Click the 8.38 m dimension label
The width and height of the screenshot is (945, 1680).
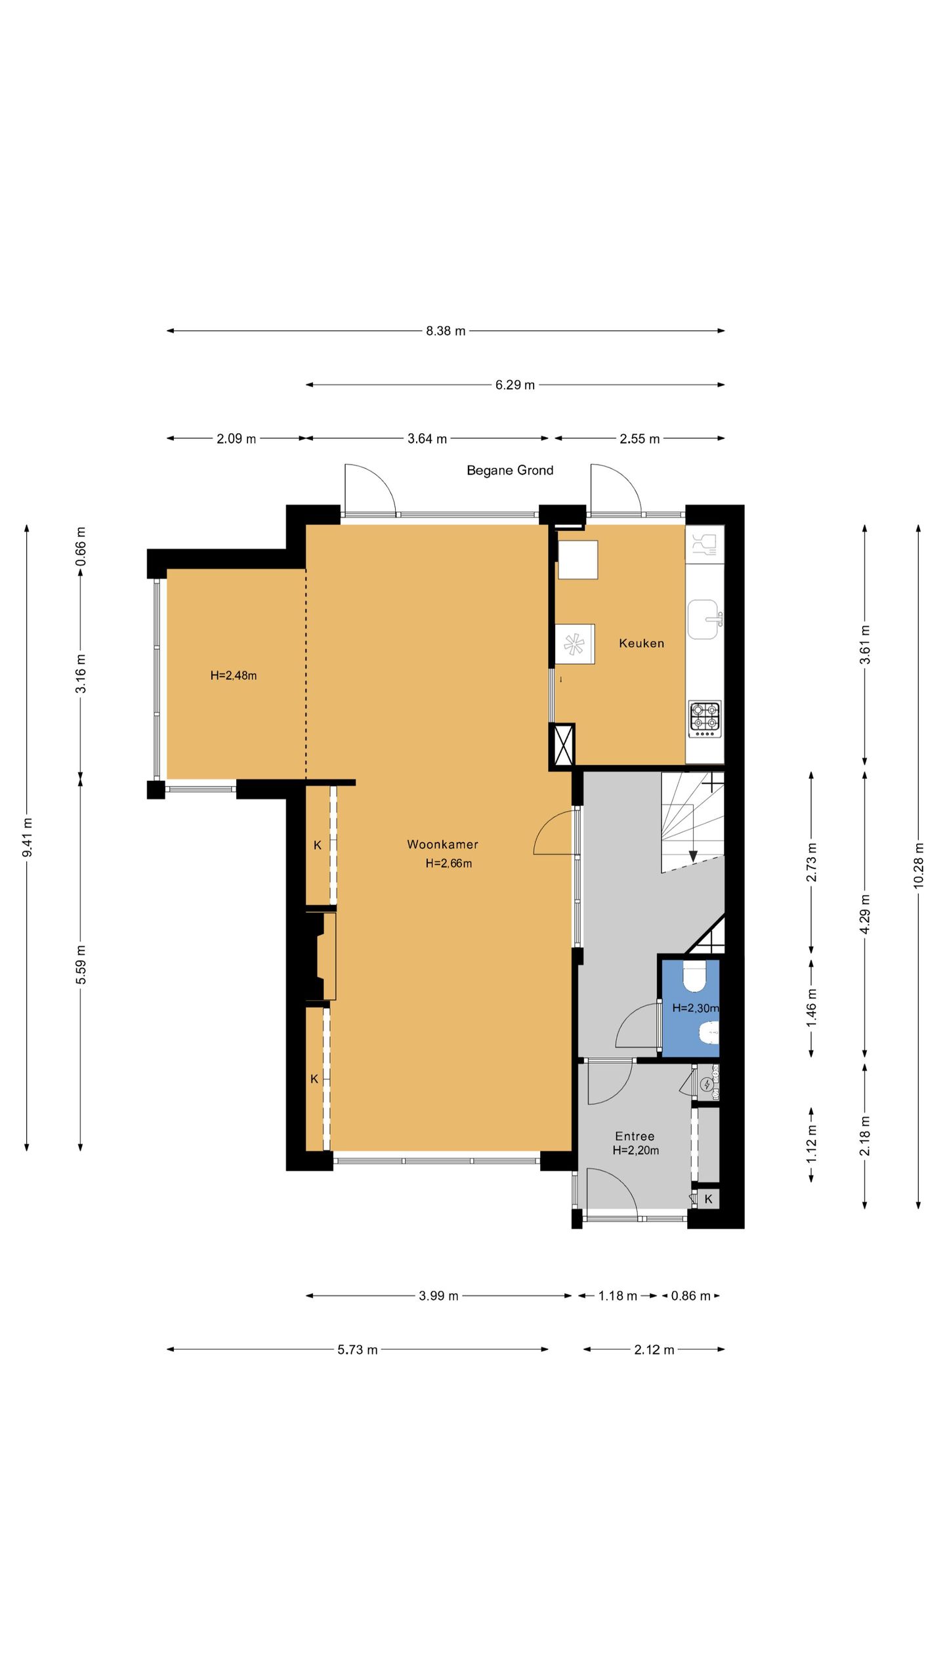pos(446,331)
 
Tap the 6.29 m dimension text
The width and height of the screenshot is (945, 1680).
pos(515,385)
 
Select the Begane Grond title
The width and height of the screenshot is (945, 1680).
pos(510,470)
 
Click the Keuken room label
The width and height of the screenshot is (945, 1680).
pos(642,643)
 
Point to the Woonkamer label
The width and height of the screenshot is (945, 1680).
pos(442,845)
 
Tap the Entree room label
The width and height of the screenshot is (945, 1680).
pos(635,1136)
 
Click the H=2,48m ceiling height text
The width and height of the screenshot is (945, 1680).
pos(234,675)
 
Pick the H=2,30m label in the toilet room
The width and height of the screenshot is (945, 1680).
pos(696,1008)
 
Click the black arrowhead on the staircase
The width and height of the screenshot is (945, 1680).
pos(693,856)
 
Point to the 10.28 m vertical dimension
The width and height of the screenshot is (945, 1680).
pos(918,866)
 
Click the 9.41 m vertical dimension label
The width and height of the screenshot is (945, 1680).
pos(27,837)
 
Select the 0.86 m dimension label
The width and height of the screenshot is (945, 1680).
pos(690,1295)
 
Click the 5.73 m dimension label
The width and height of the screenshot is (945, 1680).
pos(358,1349)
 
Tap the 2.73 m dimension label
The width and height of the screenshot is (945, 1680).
pos(812,861)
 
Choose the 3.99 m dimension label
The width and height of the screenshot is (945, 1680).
pos(439,1295)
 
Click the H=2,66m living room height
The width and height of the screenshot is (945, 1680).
pos(449,864)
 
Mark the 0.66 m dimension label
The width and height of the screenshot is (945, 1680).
pos(81,547)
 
